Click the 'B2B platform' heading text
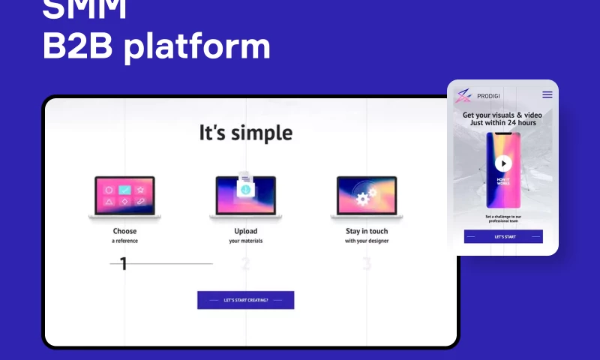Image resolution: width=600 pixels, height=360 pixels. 156,46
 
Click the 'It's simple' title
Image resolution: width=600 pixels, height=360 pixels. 245,133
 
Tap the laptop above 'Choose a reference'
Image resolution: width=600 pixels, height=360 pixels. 124,196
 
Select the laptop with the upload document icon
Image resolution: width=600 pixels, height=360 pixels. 245,196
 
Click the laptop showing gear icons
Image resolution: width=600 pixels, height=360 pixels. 366,196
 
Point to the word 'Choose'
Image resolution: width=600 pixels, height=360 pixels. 124,231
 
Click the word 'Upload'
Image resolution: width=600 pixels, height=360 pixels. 245,231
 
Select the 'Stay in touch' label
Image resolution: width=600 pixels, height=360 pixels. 367,231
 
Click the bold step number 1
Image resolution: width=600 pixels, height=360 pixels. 124,263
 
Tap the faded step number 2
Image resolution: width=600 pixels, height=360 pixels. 245,264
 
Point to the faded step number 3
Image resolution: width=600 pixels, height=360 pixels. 367,264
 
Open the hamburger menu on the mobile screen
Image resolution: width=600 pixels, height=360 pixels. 547,94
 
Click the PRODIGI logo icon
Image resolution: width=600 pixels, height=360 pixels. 464,94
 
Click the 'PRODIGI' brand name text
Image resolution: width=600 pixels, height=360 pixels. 488,95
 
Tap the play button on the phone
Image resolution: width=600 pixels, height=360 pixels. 503,163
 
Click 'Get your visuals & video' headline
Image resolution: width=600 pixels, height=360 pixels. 503,115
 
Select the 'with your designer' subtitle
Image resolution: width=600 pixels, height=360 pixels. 367,241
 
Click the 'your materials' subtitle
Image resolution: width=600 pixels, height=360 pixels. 245,241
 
